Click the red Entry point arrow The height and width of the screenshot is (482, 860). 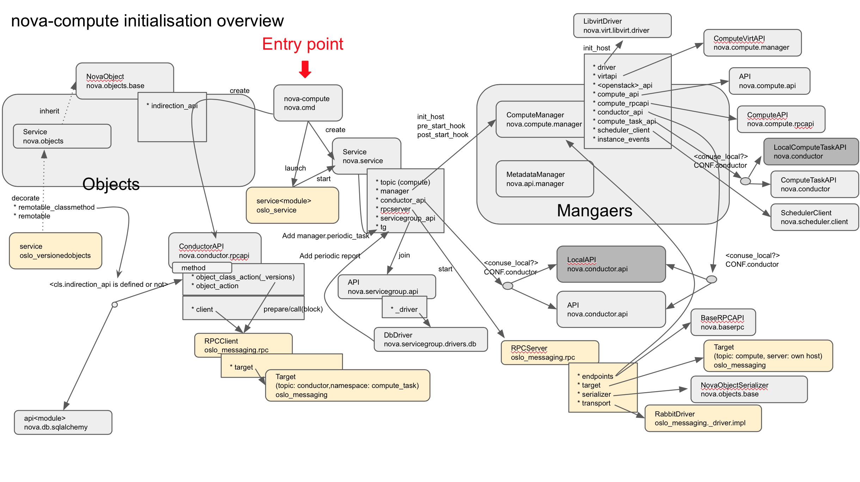click(305, 69)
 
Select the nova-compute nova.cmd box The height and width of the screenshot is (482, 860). click(308, 103)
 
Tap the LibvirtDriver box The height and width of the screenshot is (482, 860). click(622, 26)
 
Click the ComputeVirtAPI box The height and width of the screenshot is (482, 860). click(752, 43)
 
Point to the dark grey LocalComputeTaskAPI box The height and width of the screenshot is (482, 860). click(811, 152)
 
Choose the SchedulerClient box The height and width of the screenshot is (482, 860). click(814, 217)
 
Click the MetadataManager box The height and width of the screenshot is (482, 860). click(544, 179)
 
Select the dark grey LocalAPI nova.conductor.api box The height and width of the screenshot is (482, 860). click(611, 264)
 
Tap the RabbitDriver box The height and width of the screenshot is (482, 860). click(703, 418)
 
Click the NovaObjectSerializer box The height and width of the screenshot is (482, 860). click(749, 389)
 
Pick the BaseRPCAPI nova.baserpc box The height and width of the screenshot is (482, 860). click(723, 322)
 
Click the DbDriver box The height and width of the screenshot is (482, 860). click(430, 339)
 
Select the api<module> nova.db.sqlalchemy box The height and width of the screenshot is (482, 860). click(63, 422)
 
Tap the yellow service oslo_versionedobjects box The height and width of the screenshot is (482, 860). click(55, 251)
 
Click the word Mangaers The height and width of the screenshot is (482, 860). click(594, 211)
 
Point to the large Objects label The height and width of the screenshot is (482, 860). click(111, 184)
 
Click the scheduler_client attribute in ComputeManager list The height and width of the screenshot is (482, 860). click(623, 130)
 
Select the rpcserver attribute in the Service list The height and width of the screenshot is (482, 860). click(395, 209)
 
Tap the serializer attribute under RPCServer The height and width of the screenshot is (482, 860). click(596, 394)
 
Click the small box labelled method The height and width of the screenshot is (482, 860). click(202, 267)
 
